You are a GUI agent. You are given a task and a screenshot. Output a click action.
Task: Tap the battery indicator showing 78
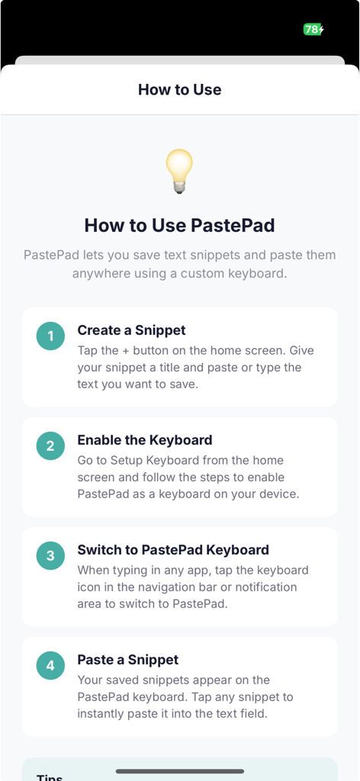point(313,30)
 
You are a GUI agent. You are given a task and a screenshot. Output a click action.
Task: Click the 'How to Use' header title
point(180,89)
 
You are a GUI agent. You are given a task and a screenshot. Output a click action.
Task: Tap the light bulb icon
point(179,171)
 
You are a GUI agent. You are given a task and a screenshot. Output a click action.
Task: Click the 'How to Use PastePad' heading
point(179,225)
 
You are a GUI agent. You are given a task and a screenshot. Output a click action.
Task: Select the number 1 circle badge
point(50,336)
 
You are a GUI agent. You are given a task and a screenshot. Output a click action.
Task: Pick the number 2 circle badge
point(50,445)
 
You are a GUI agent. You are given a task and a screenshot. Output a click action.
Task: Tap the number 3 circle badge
point(50,555)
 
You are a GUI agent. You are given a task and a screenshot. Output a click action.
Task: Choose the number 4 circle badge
point(50,665)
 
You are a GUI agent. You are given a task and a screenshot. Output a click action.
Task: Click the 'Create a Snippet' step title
point(131,330)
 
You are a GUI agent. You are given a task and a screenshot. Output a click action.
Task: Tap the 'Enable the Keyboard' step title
point(145,440)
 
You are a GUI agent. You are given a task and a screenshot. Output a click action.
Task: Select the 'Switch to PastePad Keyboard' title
point(173,550)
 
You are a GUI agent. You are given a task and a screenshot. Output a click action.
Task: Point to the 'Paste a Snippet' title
point(128,660)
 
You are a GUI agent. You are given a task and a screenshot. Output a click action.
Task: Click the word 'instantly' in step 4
point(103,714)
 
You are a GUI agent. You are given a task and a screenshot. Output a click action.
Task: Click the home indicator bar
point(180,771)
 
